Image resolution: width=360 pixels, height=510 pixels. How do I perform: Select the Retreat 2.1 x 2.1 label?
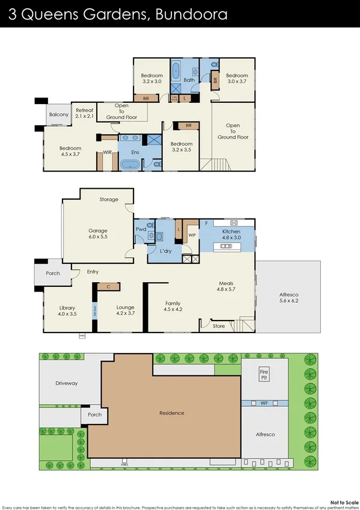(84, 113)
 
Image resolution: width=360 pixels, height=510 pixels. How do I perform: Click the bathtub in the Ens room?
(129, 164)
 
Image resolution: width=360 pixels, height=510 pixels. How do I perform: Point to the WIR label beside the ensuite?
(108, 153)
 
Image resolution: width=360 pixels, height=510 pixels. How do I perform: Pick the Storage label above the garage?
(109, 200)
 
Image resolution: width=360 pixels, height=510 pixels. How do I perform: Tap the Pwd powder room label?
(141, 229)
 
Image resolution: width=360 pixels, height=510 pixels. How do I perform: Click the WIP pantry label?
(192, 235)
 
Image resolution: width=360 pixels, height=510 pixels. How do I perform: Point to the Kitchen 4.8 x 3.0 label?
(231, 235)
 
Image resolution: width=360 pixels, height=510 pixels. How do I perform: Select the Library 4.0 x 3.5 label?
(67, 310)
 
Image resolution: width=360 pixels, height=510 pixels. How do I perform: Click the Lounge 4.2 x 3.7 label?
(125, 310)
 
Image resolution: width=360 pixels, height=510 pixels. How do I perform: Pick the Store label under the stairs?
(219, 326)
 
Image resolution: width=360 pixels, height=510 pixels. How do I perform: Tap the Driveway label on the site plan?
(66, 383)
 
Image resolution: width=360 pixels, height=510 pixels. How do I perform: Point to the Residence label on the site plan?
(171, 413)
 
